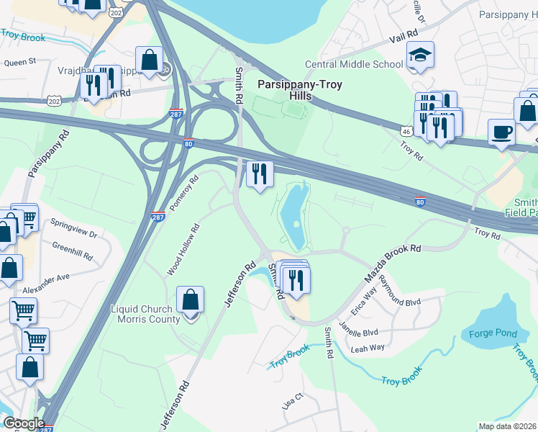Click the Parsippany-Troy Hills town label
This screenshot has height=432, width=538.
299,90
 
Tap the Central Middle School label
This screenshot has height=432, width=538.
354,64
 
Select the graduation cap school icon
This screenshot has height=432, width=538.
418,55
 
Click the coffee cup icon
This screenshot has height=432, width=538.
501,132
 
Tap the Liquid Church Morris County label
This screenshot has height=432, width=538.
152,315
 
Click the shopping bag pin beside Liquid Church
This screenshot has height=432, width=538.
191,300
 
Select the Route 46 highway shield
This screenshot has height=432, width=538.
406,130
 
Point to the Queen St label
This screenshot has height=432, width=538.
20,63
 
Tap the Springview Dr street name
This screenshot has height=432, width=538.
74,234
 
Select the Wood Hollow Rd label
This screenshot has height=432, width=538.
183,249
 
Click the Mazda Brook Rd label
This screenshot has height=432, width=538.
392,263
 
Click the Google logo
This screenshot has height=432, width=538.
24,423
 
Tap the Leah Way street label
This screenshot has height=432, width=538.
368,348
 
